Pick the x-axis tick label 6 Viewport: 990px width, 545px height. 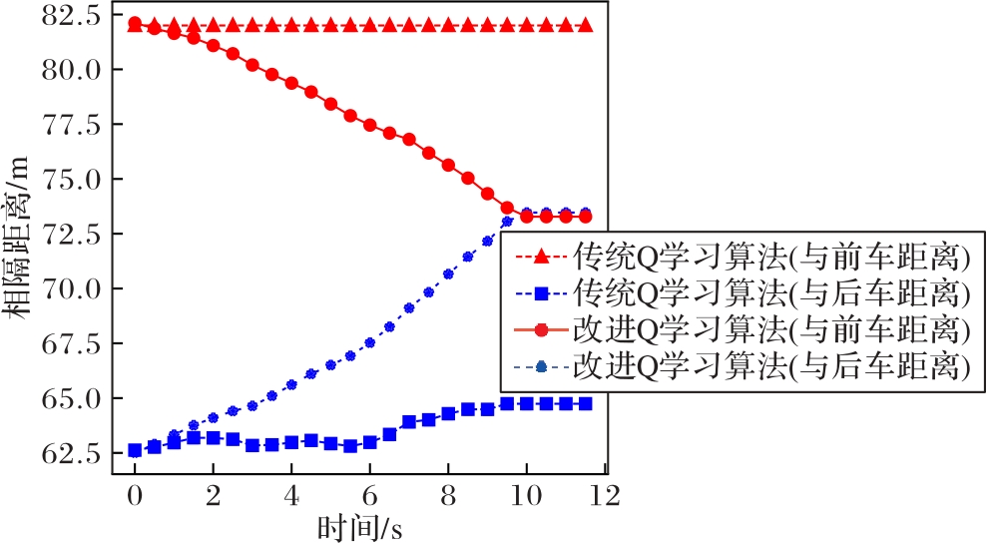click(369, 496)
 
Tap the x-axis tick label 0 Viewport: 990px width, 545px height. click(134, 496)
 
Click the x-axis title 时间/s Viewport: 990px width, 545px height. click(360, 527)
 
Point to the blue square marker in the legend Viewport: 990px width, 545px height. click(541, 293)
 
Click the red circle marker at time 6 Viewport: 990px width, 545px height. click(369, 125)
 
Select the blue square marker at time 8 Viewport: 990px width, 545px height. click(448, 413)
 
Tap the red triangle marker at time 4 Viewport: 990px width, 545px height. click(291, 25)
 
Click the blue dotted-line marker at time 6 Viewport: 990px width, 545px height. click(369, 342)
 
